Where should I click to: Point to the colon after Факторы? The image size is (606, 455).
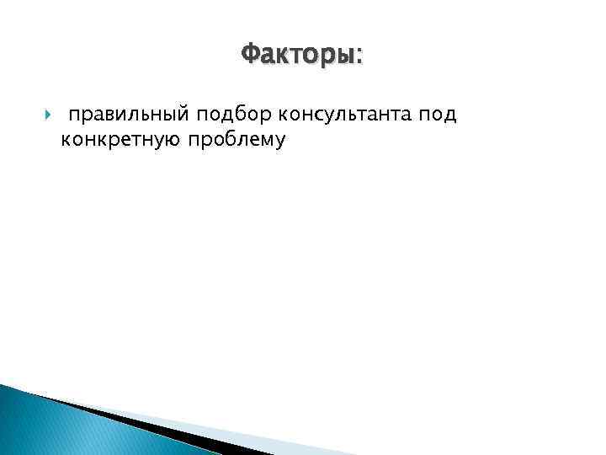tap(361, 57)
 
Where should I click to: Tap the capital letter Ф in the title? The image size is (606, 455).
tap(250, 56)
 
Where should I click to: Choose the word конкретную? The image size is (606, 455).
tap(119, 139)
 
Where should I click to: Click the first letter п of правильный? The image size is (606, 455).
tap(75, 115)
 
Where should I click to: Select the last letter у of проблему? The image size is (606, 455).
tap(281, 141)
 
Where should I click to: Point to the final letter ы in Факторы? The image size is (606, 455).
tap(348, 57)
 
